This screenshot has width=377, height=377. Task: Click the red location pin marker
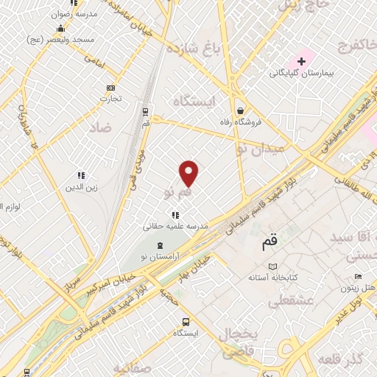coord(189,173)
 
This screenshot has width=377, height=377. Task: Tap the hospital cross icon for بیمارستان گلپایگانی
coord(301,60)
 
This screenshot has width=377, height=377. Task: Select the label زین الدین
coord(82,188)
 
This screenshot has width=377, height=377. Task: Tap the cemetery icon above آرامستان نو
coord(160,244)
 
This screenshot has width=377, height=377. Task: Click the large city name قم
coord(270,241)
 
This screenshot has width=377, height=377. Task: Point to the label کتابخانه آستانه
coord(273,278)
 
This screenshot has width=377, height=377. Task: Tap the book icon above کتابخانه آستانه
coord(273,265)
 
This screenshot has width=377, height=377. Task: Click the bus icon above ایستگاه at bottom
coord(186,321)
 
